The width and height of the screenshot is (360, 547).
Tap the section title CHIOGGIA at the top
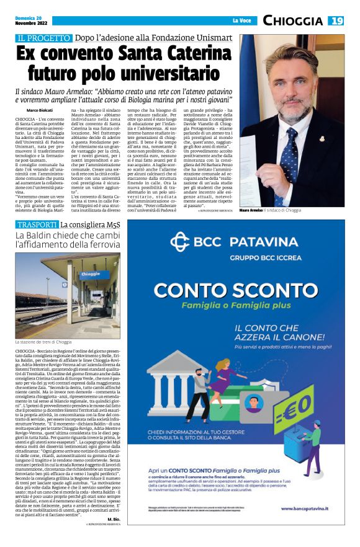(x=292, y=20)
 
